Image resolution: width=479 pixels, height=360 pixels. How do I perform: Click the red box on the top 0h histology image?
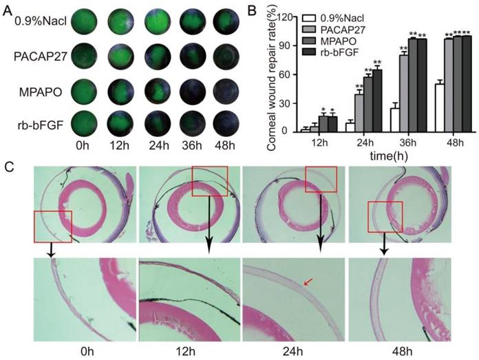coord(53,226)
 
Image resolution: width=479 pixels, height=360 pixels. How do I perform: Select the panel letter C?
coord(8,167)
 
